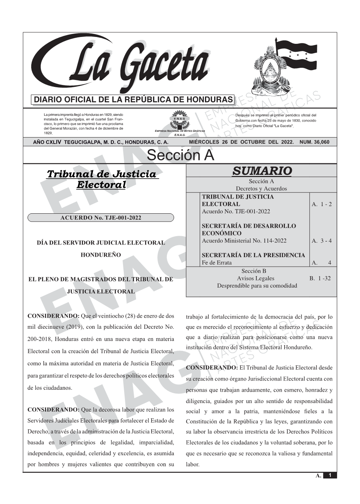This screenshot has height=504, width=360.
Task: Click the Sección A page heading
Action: (x=180, y=155)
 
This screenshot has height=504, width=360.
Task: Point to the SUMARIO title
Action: (x=262, y=171)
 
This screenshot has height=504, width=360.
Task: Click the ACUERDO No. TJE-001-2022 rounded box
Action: (x=101, y=218)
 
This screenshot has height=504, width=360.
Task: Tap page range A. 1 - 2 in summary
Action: (x=322, y=204)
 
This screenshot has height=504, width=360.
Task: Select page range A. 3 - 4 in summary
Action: (x=322, y=241)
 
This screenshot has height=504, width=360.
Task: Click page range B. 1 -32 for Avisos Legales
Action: (x=320, y=278)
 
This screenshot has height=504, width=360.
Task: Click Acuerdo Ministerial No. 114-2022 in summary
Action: (x=244, y=241)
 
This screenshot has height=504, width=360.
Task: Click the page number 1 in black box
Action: (x=330, y=475)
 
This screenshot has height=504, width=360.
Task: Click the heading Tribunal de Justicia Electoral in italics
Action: (x=101, y=180)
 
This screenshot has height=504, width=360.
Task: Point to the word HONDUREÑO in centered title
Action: (x=101, y=255)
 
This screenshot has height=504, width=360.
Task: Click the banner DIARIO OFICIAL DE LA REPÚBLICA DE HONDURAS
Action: (x=133, y=100)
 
